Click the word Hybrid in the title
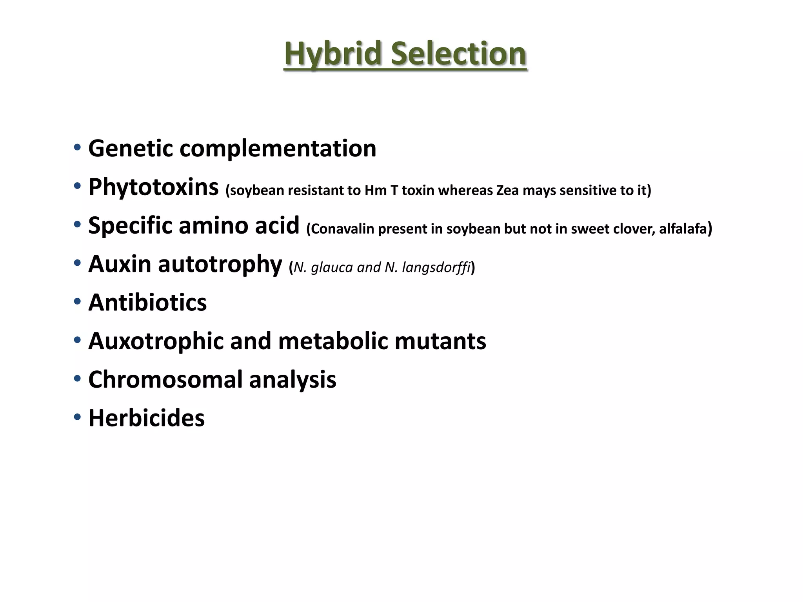pyautogui.click(x=333, y=54)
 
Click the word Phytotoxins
pyautogui.click(x=153, y=187)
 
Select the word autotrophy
pyautogui.click(x=220, y=264)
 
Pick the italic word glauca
pyautogui.click(x=332, y=268)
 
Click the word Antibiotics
pyautogui.click(x=147, y=303)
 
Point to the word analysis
pyautogui.click(x=292, y=379)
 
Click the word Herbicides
pyautogui.click(x=146, y=418)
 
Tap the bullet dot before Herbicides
pyautogui.click(x=77, y=417)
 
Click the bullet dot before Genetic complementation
pyautogui.click(x=77, y=148)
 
